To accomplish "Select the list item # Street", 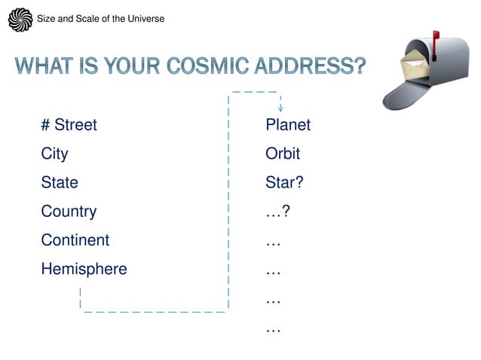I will (x=69, y=125).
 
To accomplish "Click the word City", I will (x=54, y=154).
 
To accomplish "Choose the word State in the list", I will (x=60, y=182).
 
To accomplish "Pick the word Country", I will (x=69, y=212).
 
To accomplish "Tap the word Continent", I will (x=75, y=240).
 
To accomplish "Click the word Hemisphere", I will (x=84, y=269).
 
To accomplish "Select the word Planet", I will (x=288, y=125).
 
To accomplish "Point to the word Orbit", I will (x=283, y=154).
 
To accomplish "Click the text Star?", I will (x=284, y=182).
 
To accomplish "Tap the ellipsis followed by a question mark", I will (x=277, y=212).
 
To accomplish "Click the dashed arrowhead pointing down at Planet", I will (x=280, y=108).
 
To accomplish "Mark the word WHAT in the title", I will (x=44, y=66).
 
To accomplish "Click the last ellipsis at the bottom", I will (x=273, y=328).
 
